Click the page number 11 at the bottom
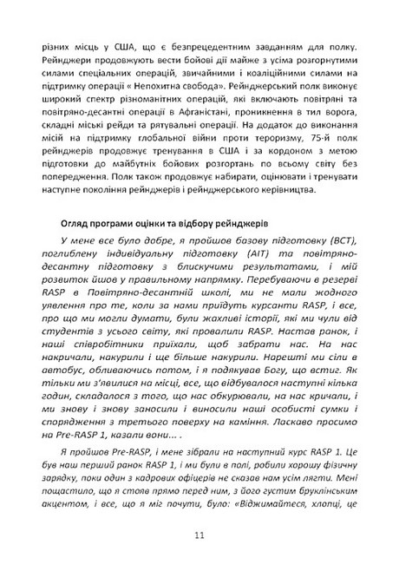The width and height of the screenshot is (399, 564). point(199,535)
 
